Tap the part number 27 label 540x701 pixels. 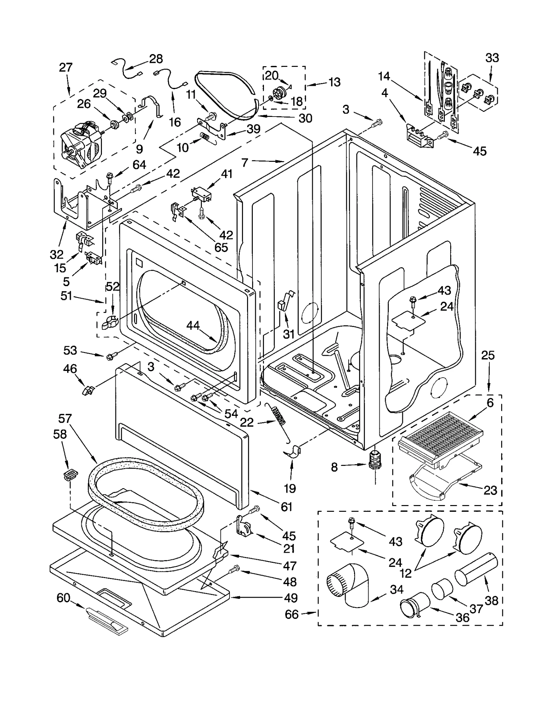coord(66,67)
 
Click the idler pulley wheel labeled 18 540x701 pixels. coord(280,92)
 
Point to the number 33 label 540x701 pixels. coord(492,58)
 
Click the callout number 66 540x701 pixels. coord(292,614)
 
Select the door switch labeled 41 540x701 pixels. coord(201,194)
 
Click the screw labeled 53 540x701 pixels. coord(111,356)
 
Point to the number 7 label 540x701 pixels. coord(245,162)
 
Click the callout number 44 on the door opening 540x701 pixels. coord(193,325)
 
